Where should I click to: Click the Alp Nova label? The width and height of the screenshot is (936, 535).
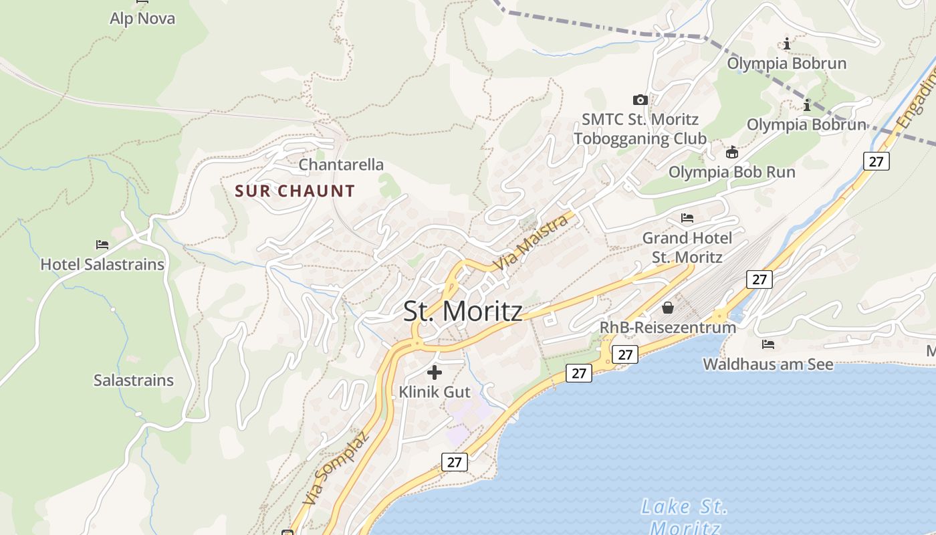[x=142, y=19]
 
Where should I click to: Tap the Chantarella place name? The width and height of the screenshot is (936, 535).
[x=341, y=165]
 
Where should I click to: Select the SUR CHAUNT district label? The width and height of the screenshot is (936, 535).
[x=295, y=191]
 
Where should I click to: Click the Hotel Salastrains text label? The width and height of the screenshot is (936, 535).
[x=102, y=264]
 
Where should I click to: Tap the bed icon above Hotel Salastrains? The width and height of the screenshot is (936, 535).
[x=102, y=245]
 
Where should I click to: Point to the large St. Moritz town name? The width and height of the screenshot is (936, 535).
[x=463, y=312]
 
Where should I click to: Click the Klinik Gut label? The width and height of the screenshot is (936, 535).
[x=435, y=392]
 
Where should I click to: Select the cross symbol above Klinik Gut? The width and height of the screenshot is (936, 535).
[x=435, y=372]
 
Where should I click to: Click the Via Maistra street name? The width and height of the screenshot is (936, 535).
[x=532, y=243]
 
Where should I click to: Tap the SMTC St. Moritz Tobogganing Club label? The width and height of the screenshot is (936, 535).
[x=640, y=129]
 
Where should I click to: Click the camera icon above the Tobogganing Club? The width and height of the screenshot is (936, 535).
[x=640, y=100]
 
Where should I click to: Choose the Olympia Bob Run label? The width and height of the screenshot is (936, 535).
[x=732, y=172]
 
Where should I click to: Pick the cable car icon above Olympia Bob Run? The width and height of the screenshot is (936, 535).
[x=732, y=152]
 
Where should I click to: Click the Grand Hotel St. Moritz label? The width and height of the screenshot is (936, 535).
[x=687, y=247]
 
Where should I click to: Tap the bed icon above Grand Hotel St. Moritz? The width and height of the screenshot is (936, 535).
[x=687, y=218]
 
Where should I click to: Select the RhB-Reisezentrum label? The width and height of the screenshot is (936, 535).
[x=668, y=328]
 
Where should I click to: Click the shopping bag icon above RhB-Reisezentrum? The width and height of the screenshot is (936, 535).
[x=667, y=308]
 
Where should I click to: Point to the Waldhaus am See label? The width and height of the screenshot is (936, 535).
[x=768, y=364]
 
